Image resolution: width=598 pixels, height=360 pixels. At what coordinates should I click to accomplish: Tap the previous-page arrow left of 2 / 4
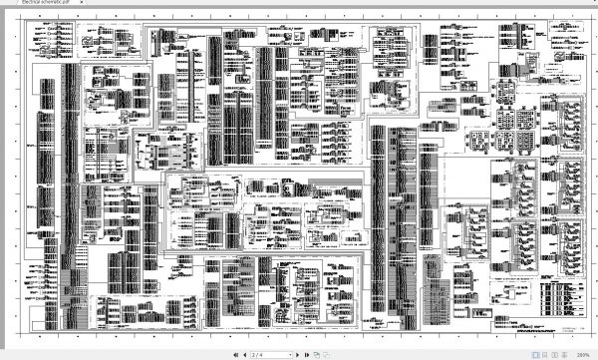coord(245,354)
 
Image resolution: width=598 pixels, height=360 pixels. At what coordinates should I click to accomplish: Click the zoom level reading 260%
coord(583,354)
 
